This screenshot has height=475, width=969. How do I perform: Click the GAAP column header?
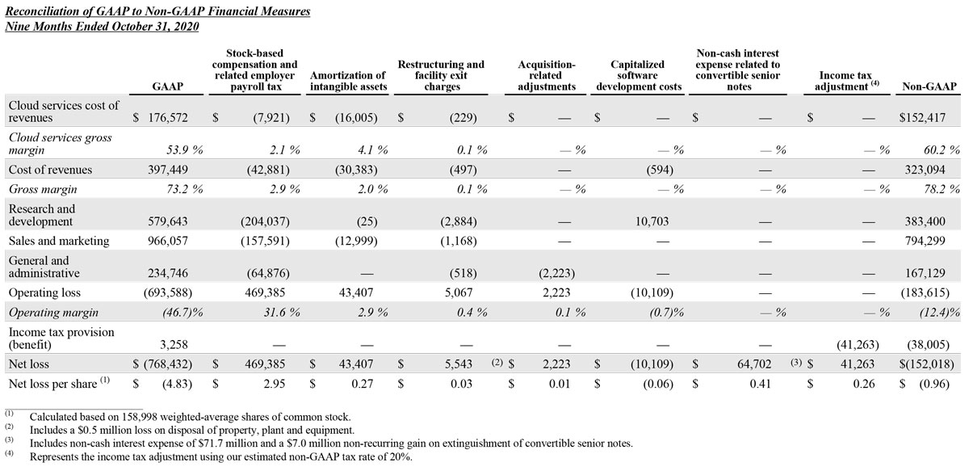click(x=166, y=86)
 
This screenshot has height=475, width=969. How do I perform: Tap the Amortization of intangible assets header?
click(x=348, y=81)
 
